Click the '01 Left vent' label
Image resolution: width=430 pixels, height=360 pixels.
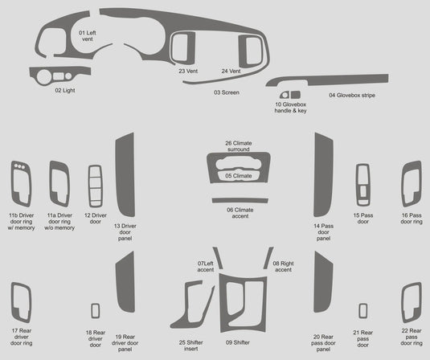[88, 35]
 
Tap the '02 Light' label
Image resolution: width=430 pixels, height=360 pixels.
[65, 91]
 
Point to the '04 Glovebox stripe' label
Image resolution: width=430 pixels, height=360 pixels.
[351, 96]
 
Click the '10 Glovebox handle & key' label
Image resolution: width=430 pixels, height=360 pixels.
[290, 108]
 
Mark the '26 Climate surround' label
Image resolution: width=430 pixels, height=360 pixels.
[238, 145]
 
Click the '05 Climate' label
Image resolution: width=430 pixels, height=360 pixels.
[238, 175]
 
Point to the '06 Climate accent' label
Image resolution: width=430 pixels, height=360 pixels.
[239, 213]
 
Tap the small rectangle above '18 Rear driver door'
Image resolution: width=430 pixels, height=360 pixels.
[96, 312]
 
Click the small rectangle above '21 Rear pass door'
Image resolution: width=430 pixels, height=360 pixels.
[362, 312]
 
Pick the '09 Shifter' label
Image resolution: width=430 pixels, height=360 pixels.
[237, 342]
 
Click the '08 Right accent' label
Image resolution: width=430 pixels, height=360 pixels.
[282, 267]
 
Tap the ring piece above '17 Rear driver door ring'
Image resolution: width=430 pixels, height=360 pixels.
[21, 304]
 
